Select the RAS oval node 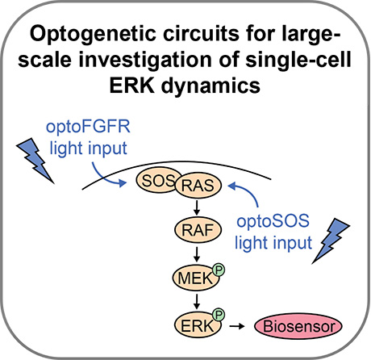coord(198,186)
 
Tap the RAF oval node coord(198,230)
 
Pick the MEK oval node coord(195,278)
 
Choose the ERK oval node coord(198,325)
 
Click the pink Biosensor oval coord(298,326)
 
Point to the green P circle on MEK coord(219,270)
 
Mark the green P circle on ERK coord(219,315)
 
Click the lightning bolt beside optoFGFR coord(35,161)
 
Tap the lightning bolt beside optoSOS coord(331,241)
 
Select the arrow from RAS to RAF coord(197,207)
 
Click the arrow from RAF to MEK coord(197,254)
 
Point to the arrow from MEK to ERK coord(197,302)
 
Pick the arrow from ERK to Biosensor coord(237,326)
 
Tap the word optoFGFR coord(88,127)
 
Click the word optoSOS coord(273,221)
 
